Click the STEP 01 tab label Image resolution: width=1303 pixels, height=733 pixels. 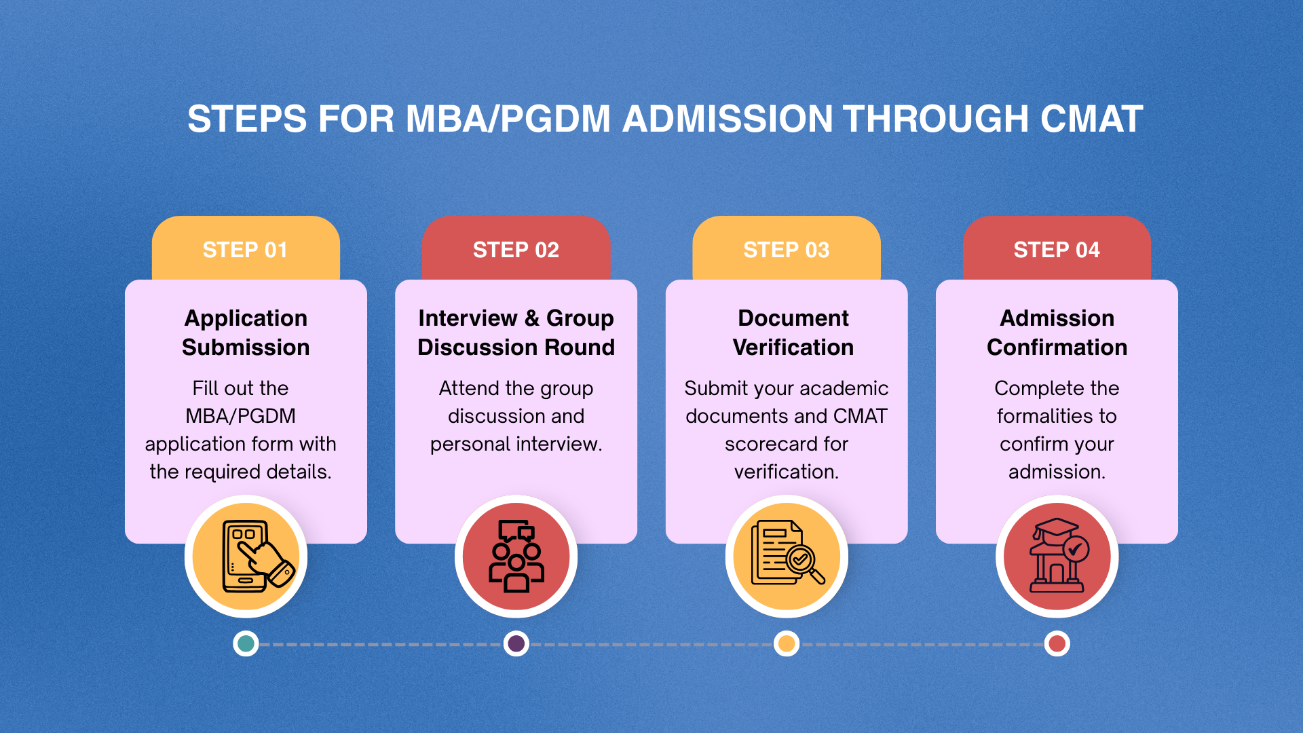pyautogui.click(x=245, y=250)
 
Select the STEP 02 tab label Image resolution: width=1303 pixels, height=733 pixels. pyautogui.click(x=516, y=250)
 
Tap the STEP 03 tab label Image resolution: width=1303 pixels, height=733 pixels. pyautogui.click(x=786, y=250)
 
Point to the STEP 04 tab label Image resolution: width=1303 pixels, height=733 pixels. pyautogui.click(x=1057, y=250)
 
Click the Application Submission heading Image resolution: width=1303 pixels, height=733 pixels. pyautogui.click(x=246, y=333)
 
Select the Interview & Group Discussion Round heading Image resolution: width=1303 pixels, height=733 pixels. pyautogui.click(x=516, y=333)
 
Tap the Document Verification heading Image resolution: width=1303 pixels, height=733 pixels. pyautogui.click(x=793, y=333)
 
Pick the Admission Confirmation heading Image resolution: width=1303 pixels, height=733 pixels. pyautogui.click(x=1057, y=333)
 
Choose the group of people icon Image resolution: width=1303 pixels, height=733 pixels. pyautogui.click(x=516, y=557)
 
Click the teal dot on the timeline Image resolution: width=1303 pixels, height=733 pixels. pyautogui.click(x=246, y=643)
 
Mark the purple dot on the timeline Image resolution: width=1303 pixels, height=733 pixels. pyautogui.click(x=516, y=643)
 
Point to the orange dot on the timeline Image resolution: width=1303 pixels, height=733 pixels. pyautogui.click(x=787, y=643)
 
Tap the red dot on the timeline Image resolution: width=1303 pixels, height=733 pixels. pyautogui.click(x=1057, y=643)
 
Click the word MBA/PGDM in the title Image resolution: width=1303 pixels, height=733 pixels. pyautogui.click(x=508, y=119)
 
